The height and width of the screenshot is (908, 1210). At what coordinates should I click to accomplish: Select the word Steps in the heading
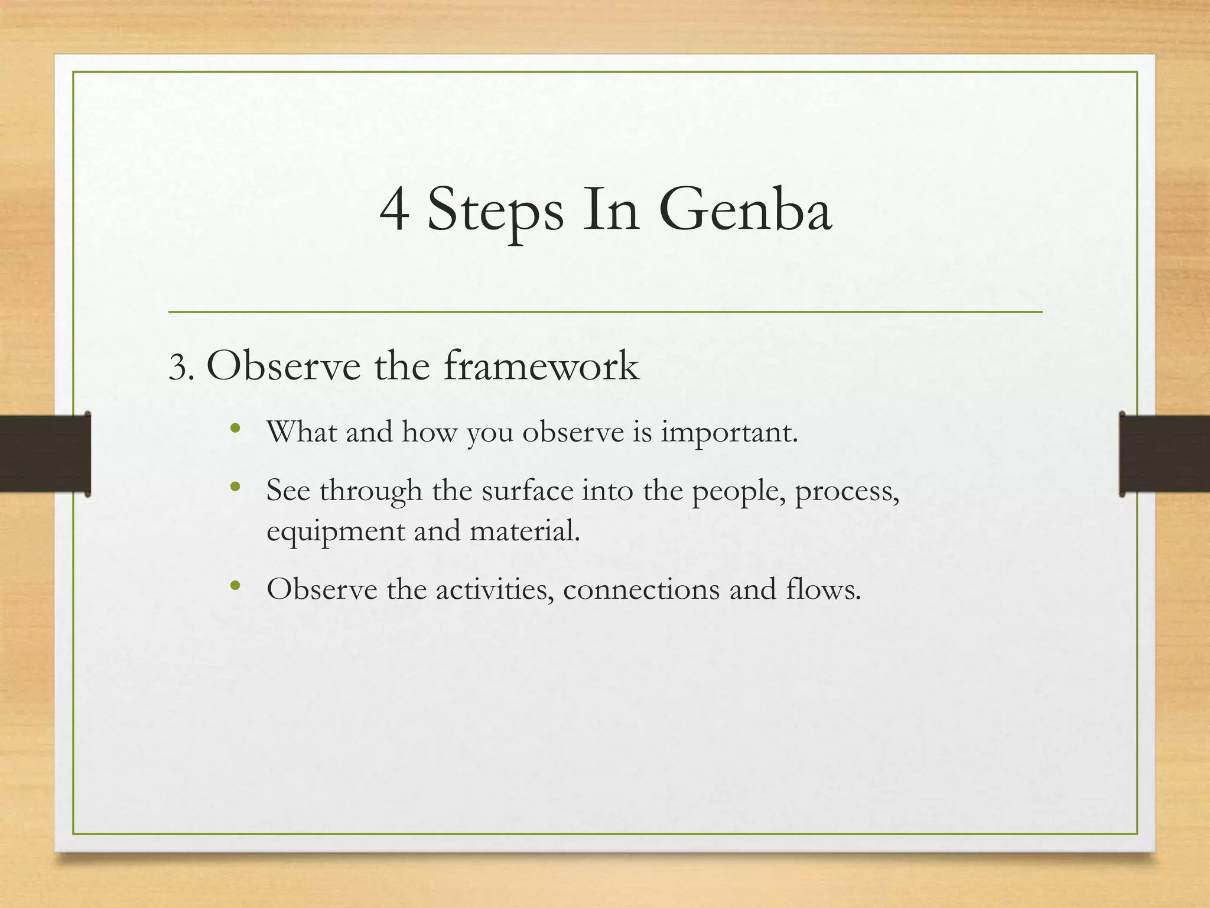[x=495, y=213]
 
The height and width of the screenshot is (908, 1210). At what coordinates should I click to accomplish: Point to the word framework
[x=541, y=366]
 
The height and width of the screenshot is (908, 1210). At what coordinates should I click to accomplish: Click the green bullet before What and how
[x=235, y=429]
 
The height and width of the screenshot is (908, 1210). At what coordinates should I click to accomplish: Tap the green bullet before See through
[x=235, y=488]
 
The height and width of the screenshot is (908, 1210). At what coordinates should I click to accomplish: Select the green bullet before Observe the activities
[x=235, y=586]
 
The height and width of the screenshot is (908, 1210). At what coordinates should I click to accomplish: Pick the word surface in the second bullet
[x=528, y=491]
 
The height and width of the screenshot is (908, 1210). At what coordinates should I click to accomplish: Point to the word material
[x=524, y=530]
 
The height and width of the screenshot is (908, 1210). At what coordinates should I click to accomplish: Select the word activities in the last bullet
[x=495, y=589]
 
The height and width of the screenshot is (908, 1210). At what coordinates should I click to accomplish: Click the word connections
[x=641, y=589]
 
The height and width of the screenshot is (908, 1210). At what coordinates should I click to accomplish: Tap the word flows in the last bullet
[x=822, y=589]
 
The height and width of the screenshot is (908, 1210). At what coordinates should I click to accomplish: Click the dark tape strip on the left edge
[x=45, y=453]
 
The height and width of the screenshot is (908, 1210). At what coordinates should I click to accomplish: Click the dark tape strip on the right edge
[x=1164, y=453]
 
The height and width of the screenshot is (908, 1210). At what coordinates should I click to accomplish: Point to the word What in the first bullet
[x=301, y=432]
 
